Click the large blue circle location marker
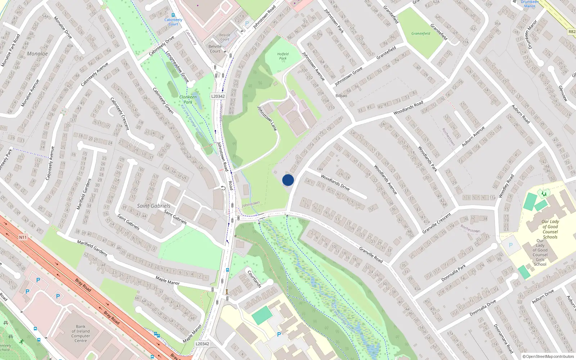click(x=288, y=180)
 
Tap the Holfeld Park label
click(x=283, y=56)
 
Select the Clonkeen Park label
click(x=188, y=99)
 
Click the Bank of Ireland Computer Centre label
click(x=81, y=333)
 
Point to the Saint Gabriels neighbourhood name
click(x=153, y=206)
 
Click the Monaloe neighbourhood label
click(x=37, y=54)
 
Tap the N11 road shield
click(x=23, y=237)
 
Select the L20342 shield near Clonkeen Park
click(x=218, y=96)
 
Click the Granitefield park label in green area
click(x=421, y=33)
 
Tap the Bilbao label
click(x=341, y=96)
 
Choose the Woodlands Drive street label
click(x=335, y=183)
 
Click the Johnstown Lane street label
click(x=267, y=118)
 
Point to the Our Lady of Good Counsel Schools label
click(x=550, y=229)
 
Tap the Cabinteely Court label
click(x=173, y=22)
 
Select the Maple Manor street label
click(x=167, y=280)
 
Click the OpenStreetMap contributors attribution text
click(x=548, y=356)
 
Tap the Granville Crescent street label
click(x=436, y=223)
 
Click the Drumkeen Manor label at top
click(x=530, y=4)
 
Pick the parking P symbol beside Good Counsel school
click(x=510, y=245)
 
